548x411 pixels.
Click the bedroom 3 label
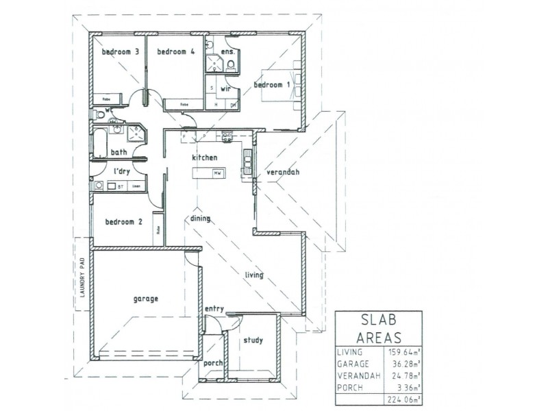point(121,51)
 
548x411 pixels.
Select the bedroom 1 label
point(273,85)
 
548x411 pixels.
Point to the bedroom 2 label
point(123,221)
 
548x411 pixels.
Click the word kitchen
point(204,158)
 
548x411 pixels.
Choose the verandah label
point(283,172)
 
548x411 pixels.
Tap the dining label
point(200,219)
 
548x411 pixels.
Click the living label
point(254,275)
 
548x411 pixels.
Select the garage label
point(145,299)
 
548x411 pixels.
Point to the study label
point(253,340)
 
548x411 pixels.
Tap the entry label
point(214,309)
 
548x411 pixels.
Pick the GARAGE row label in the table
point(353,364)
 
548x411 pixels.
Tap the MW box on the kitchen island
point(216,174)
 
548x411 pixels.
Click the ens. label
point(228,51)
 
